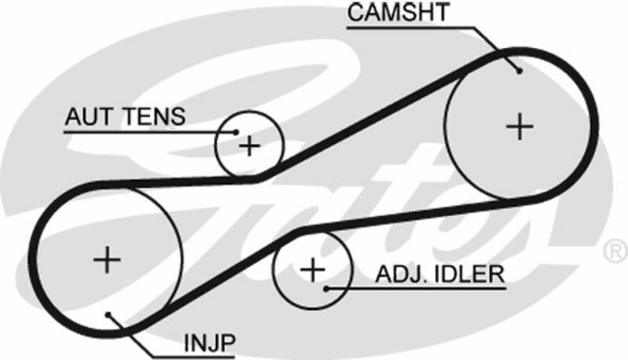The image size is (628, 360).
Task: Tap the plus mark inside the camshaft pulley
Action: pos(519,126)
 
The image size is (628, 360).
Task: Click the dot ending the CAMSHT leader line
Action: pos(520,70)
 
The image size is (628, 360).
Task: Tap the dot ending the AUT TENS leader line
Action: pos(237,131)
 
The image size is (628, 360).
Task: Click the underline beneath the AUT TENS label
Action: pos(141,131)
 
